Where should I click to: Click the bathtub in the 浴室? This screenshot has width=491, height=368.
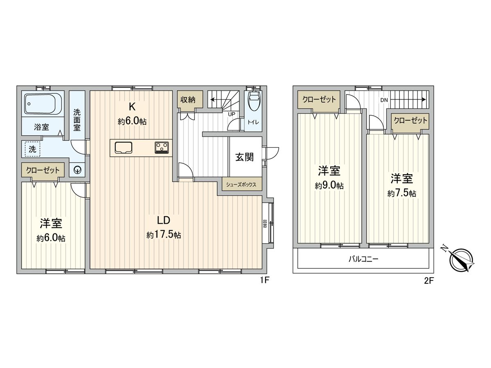43,104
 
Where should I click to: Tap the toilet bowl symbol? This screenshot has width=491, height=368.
253,101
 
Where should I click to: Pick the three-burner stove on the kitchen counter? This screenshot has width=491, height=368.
162,147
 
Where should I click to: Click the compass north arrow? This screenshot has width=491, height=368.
462,260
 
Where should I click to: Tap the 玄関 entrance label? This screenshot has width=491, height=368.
244,157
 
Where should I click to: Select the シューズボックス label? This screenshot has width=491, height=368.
241,185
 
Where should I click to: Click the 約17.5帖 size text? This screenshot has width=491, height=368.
164,235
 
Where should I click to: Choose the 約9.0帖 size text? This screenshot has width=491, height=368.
329,186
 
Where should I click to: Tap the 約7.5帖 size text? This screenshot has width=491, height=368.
402,193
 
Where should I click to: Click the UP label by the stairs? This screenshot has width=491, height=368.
232,114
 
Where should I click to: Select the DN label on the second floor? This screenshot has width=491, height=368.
384,100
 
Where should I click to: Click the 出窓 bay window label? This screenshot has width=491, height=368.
265,224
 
